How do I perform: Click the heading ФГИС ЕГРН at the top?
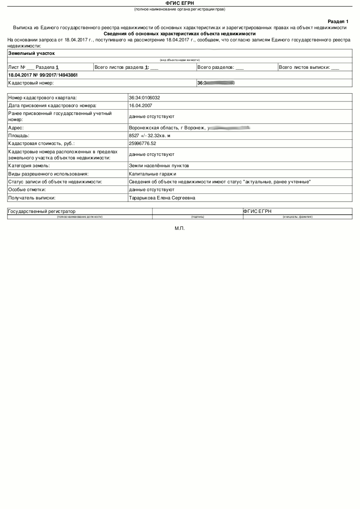tap(180, 3)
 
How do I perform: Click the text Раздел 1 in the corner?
tap(338, 21)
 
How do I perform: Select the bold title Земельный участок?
tap(31, 53)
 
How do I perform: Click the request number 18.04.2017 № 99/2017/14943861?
tap(43, 75)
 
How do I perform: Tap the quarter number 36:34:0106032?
tap(147, 98)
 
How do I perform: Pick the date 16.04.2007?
tap(140, 105)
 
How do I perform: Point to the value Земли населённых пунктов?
tap(159, 166)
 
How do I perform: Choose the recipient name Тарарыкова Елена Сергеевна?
tap(162, 198)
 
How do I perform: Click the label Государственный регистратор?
tap(42, 211)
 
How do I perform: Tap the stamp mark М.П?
tap(180, 228)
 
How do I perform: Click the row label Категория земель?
tap(29, 166)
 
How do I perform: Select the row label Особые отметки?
tap(27, 190)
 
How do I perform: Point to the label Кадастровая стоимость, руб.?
tap(41, 143)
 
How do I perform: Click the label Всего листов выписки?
tap(304, 67)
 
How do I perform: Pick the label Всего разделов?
tap(216, 67)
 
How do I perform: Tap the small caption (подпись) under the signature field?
tap(197, 216)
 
